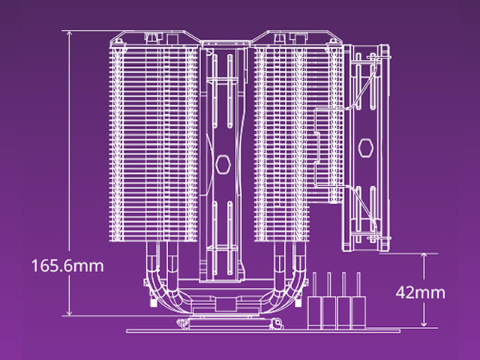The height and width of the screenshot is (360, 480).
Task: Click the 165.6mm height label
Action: (x=67, y=265)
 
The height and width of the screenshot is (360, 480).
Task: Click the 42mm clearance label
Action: (x=420, y=292)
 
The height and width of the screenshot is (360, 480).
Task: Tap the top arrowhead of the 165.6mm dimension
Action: (x=70, y=34)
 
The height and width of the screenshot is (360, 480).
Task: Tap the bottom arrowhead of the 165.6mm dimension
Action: (x=70, y=312)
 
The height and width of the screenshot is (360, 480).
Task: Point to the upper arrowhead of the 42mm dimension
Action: (x=424, y=256)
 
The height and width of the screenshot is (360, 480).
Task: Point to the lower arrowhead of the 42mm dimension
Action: (x=424, y=324)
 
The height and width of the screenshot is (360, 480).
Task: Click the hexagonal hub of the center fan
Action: (x=223, y=164)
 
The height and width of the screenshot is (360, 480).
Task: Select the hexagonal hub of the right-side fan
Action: (x=365, y=148)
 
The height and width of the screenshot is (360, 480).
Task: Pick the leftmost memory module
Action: (x=314, y=301)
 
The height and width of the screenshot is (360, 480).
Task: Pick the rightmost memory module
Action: (x=358, y=301)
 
